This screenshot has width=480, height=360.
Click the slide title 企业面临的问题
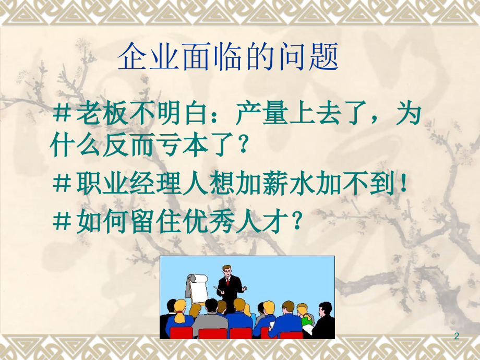228,58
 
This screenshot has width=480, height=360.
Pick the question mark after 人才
295,223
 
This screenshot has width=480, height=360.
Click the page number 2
457,337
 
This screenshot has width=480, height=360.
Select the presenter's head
226,271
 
